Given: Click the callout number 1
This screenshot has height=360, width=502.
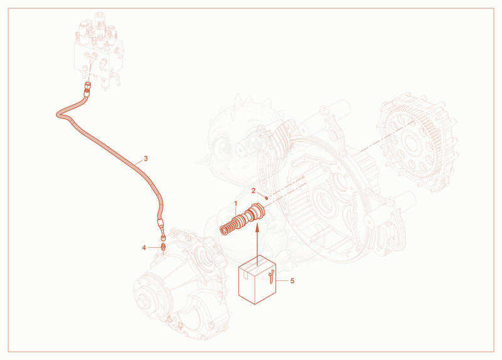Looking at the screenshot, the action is pyautogui.click(x=236, y=204).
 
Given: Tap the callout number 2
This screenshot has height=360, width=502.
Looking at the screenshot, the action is pyautogui.click(x=254, y=191).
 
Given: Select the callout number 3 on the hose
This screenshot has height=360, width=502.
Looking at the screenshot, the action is pyautogui.click(x=146, y=159).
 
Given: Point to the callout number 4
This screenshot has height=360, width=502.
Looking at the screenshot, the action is pyautogui.click(x=144, y=248).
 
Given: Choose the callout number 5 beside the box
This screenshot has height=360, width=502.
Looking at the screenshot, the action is pyautogui.click(x=292, y=281).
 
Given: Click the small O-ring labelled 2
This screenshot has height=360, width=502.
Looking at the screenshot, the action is pyautogui.click(x=266, y=198).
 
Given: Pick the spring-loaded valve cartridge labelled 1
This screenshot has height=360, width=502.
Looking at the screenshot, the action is pyautogui.click(x=243, y=219).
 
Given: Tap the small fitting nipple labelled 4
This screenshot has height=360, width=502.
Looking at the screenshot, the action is pyautogui.click(x=163, y=247).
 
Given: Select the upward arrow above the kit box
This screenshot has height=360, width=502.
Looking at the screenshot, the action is pyautogui.click(x=257, y=246).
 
